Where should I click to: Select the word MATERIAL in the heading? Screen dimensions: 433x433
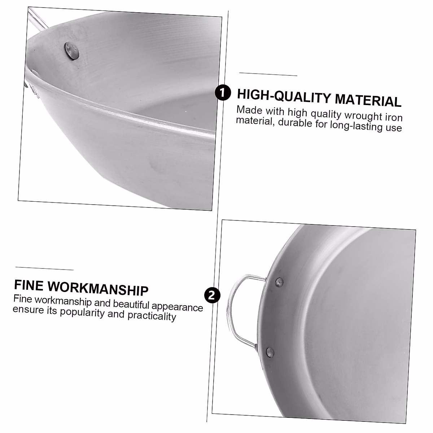[x=368, y=100]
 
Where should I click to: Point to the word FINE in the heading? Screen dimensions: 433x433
[x=28, y=285]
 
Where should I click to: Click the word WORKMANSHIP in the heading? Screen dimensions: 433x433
[x=97, y=288]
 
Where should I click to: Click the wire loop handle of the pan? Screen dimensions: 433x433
[x=231, y=310]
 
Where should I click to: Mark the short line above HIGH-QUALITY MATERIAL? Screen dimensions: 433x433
[x=268, y=74]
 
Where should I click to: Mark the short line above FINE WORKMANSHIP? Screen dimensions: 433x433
[x=44, y=268]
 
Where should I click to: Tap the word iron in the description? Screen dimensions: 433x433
[x=393, y=118]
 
